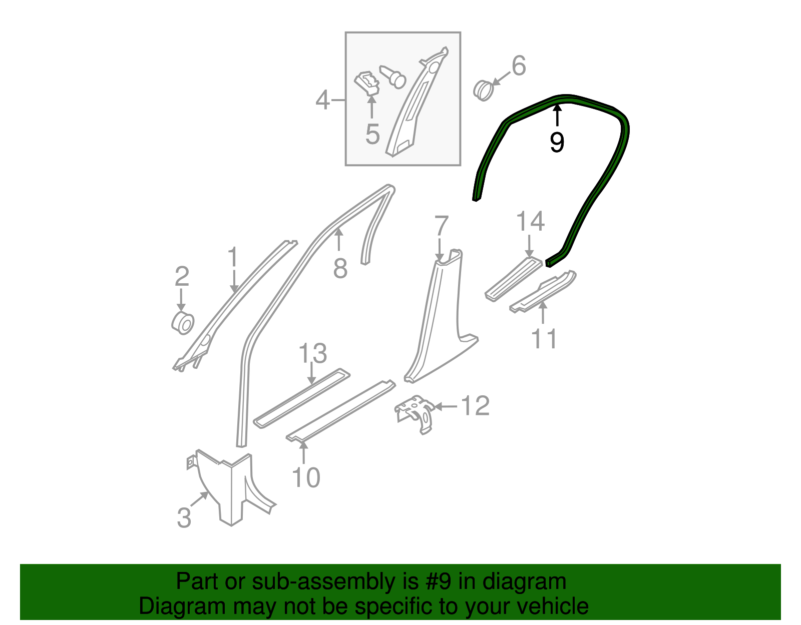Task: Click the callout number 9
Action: (557, 142)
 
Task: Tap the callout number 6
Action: (519, 66)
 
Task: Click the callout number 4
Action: (323, 100)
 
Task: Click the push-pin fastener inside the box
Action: (393, 77)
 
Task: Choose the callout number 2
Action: (182, 276)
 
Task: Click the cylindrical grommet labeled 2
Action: (183, 323)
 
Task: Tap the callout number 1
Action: (233, 257)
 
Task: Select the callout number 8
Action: (340, 269)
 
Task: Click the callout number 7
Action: (441, 226)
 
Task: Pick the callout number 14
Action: (530, 221)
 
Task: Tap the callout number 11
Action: (544, 339)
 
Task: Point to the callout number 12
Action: (475, 406)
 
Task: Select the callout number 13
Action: (313, 354)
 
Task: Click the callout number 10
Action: (305, 477)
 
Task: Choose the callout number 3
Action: (184, 517)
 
